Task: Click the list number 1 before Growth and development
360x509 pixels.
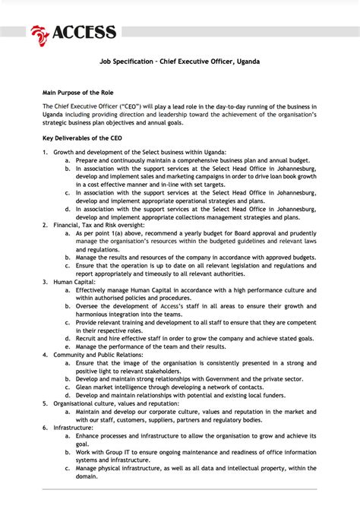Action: (45, 153)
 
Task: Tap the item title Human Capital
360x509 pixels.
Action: (74, 282)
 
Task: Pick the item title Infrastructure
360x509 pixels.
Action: (74, 428)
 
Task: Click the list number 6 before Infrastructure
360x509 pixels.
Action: (45, 428)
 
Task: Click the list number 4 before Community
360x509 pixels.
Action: (45, 354)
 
